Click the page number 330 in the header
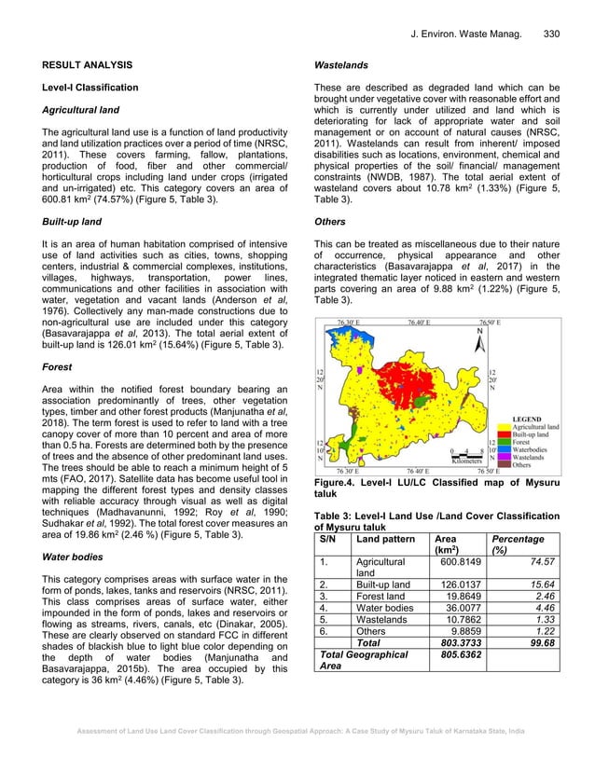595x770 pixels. [550, 34]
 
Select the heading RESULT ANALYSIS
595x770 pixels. [77, 65]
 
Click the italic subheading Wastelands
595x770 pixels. [342, 65]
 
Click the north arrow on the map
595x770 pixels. [479, 339]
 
